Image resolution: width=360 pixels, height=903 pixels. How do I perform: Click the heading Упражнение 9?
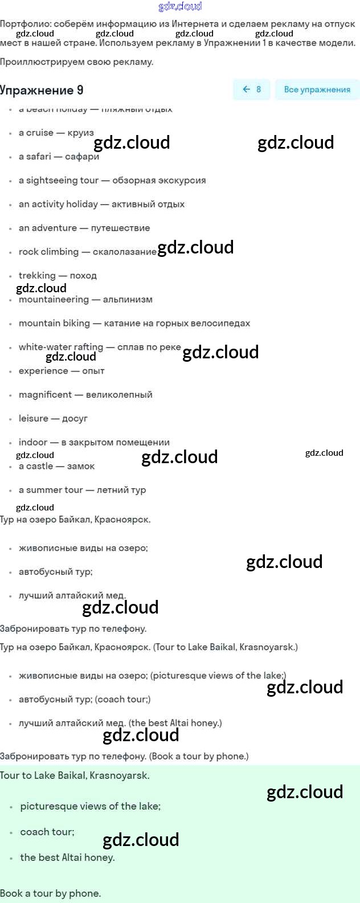(x=42, y=90)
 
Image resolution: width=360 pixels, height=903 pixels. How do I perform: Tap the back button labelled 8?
(x=251, y=89)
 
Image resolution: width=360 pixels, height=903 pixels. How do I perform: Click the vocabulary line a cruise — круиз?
(x=56, y=133)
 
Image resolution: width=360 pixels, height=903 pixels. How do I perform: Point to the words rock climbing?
(x=49, y=252)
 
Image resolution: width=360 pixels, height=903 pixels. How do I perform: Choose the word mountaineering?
(x=54, y=300)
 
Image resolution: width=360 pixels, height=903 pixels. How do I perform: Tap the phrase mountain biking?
(x=54, y=323)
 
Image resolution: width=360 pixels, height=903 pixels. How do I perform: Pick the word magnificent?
(x=45, y=394)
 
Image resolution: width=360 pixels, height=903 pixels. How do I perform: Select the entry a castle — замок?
(x=56, y=466)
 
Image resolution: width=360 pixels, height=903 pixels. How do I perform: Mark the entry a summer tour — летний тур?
(x=82, y=490)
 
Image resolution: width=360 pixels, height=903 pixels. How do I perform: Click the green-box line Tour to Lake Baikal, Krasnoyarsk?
(x=75, y=775)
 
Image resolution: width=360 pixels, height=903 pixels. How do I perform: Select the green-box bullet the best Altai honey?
(x=67, y=857)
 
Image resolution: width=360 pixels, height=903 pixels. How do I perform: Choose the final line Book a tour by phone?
(x=50, y=893)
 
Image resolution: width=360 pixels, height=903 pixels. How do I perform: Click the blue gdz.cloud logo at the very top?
(x=180, y=6)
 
